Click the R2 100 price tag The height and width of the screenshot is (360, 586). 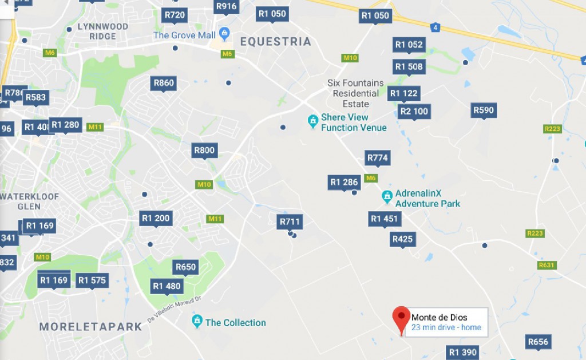pyautogui.click(x=414, y=111)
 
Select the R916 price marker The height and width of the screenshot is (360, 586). pyautogui.click(x=226, y=6)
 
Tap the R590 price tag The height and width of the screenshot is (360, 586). pyautogui.click(x=484, y=110)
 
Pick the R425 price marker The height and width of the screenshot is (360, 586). pyautogui.click(x=403, y=239)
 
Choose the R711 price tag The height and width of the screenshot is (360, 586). pyautogui.click(x=290, y=221)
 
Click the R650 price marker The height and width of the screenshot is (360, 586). pyautogui.click(x=186, y=267)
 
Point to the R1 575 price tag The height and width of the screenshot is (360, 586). pyautogui.click(x=92, y=280)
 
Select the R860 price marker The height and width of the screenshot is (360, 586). pyautogui.click(x=164, y=83)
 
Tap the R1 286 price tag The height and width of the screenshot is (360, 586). pyautogui.click(x=344, y=183)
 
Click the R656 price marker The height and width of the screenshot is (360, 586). pyautogui.click(x=538, y=342)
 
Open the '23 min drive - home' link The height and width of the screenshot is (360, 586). pyautogui.click(x=446, y=328)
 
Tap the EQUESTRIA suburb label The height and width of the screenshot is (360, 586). pyautogui.click(x=275, y=41)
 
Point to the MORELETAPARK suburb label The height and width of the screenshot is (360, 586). pyautogui.click(x=90, y=327)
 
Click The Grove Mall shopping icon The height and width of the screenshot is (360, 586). pyautogui.click(x=224, y=34)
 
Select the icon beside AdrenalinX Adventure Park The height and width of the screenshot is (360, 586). pyautogui.click(x=387, y=197)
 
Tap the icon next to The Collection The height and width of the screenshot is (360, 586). pyautogui.click(x=197, y=321)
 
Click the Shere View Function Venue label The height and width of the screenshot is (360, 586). pyautogui.click(x=353, y=122)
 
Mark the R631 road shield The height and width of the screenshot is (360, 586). pyautogui.click(x=547, y=265)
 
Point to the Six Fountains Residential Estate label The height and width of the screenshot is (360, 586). pyautogui.click(x=355, y=93)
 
